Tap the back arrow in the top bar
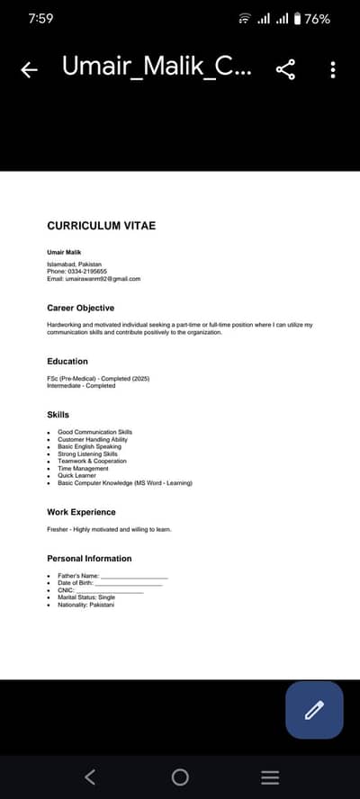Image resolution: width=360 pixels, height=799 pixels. (x=29, y=70)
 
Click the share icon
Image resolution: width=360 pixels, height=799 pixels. (x=286, y=69)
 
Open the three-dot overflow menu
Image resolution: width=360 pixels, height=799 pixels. (x=333, y=69)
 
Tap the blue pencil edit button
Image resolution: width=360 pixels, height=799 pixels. (x=314, y=710)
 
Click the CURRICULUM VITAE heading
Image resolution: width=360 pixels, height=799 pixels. (x=101, y=225)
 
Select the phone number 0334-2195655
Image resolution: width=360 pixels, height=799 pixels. (x=85, y=271)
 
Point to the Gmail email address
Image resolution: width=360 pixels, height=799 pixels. (x=102, y=279)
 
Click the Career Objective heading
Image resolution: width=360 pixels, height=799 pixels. (x=80, y=308)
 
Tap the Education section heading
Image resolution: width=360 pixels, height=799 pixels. (x=67, y=361)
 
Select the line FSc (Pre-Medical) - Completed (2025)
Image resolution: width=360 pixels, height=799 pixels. (x=98, y=379)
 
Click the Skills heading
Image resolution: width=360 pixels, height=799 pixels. (x=58, y=415)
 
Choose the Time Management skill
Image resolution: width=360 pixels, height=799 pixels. (x=83, y=469)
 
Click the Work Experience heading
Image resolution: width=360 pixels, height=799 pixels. (x=81, y=512)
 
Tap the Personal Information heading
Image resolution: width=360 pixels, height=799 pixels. (x=89, y=559)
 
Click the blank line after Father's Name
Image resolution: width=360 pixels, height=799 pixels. (x=134, y=576)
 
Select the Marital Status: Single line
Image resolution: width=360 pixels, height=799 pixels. (x=86, y=597)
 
